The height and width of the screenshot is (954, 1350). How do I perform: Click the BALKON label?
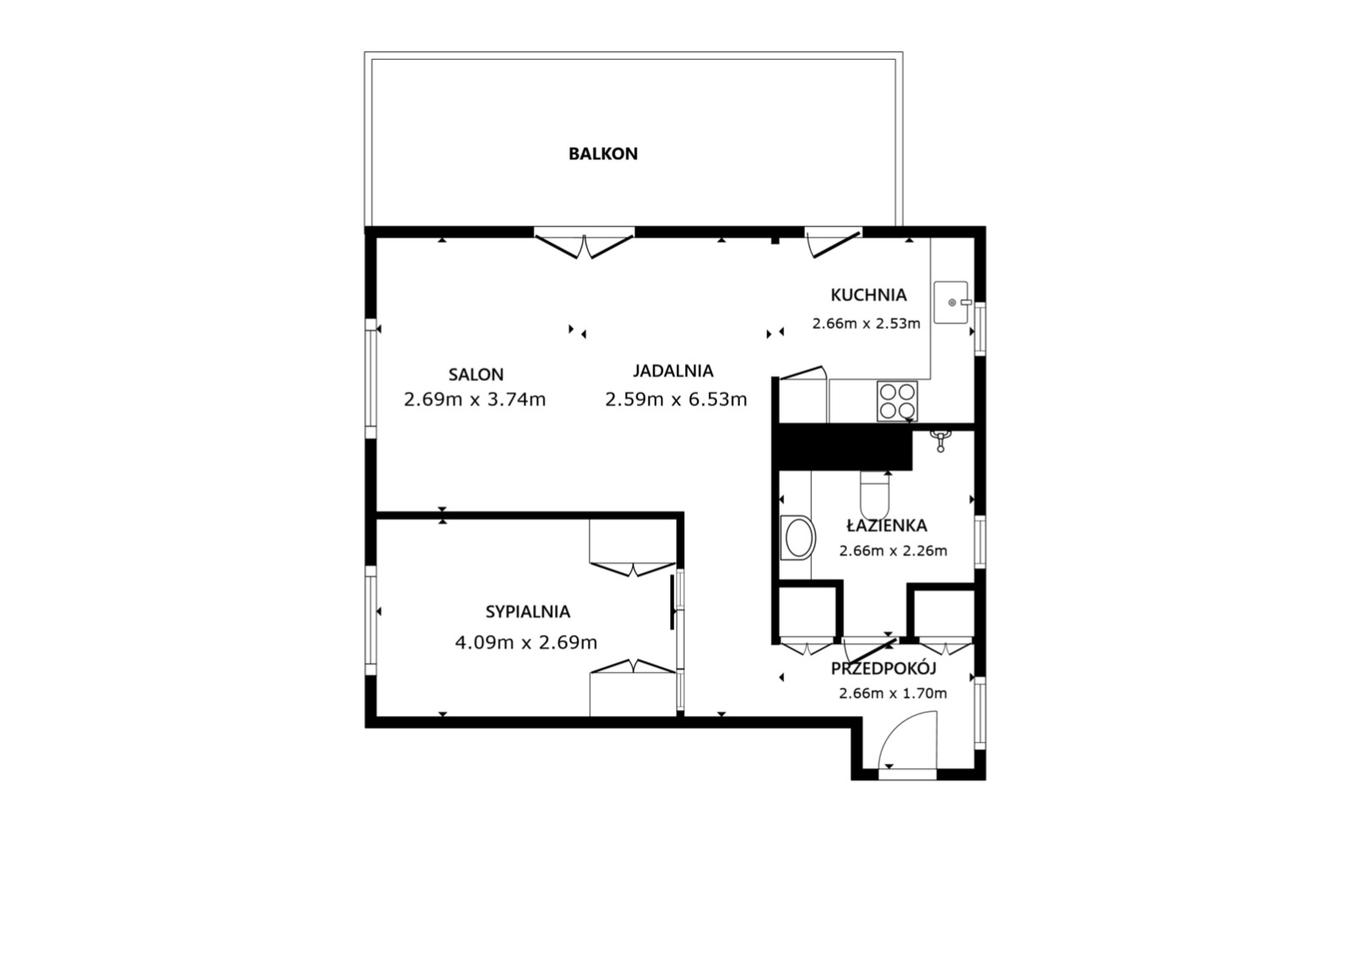pyautogui.click(x=602, y=154)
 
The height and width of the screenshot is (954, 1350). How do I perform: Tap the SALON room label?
pyautogui.click(x=476, y=375)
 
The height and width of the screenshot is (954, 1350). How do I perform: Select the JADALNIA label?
pyautogui.click(x=672, y=371)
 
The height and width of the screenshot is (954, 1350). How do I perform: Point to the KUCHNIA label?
pyautogui.click(x=868, y=295)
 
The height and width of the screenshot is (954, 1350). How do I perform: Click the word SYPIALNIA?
pyautogui.click(x=527, y=612)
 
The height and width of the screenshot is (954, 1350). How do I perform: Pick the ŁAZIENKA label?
pyautogui.click(x=886, y=525)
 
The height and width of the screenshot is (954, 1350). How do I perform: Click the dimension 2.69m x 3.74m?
pyautogui.click(x=475, y=399)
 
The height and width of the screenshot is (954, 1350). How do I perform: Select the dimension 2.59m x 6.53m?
pyautogui.click(x=676, y=399)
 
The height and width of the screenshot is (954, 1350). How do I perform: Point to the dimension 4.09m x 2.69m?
pyautogui.click(x=526, y=642)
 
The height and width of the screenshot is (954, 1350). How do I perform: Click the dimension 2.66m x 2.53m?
pyautogui.click(x=866, y=323)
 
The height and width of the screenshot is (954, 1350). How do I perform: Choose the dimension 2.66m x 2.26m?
pyautogui.click(x=893, y=550)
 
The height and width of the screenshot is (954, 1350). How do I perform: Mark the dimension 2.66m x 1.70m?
pyautogui.click(x=893, y=693)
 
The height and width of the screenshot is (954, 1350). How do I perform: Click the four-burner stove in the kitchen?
pyautogui.click(x=897, y=401)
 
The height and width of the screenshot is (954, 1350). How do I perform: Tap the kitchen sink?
pyautogui.click(x=951, y=302)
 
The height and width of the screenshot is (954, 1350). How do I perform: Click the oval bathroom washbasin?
pyautogui.click(x=798, y=537)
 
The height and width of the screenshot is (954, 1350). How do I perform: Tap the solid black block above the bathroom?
pyautogui.click(x=842, y=447)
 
